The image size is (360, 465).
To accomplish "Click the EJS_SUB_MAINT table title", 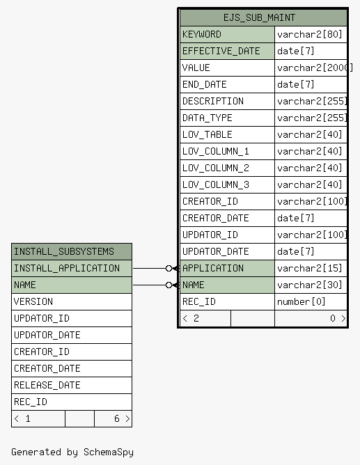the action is coord(259,18).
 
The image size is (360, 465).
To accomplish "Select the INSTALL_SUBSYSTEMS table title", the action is coord(64,251).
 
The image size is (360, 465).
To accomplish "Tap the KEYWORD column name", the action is coord(202,34).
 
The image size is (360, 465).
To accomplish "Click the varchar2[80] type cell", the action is coord(310,34).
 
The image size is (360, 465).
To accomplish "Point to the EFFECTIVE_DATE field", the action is coord(221,51).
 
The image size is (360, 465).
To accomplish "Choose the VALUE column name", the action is coord(196,68).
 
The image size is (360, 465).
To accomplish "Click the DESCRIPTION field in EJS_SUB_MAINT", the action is coord(213,101).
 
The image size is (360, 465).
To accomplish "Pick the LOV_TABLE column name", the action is coord(208,134).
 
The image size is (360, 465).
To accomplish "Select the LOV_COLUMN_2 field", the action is coord(216,168).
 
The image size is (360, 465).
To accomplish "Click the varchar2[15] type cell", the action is coord(310,268).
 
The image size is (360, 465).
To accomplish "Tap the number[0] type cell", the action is coord(302,301).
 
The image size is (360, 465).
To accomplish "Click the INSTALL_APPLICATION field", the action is coord(67,268).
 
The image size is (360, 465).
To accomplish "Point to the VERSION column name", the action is coord(33,301).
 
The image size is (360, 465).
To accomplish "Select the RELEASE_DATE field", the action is coord(47,385).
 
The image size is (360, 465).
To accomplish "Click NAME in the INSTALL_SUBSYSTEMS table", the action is coord(25,285).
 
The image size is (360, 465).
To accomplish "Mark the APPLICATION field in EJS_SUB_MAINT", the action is coord(213,268).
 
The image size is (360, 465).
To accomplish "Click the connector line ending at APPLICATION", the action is coord(156,269).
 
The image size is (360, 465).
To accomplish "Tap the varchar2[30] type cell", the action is coord(310,285).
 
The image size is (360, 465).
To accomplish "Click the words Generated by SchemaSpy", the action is coord(72,452).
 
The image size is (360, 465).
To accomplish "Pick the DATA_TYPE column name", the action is coord(208,118).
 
